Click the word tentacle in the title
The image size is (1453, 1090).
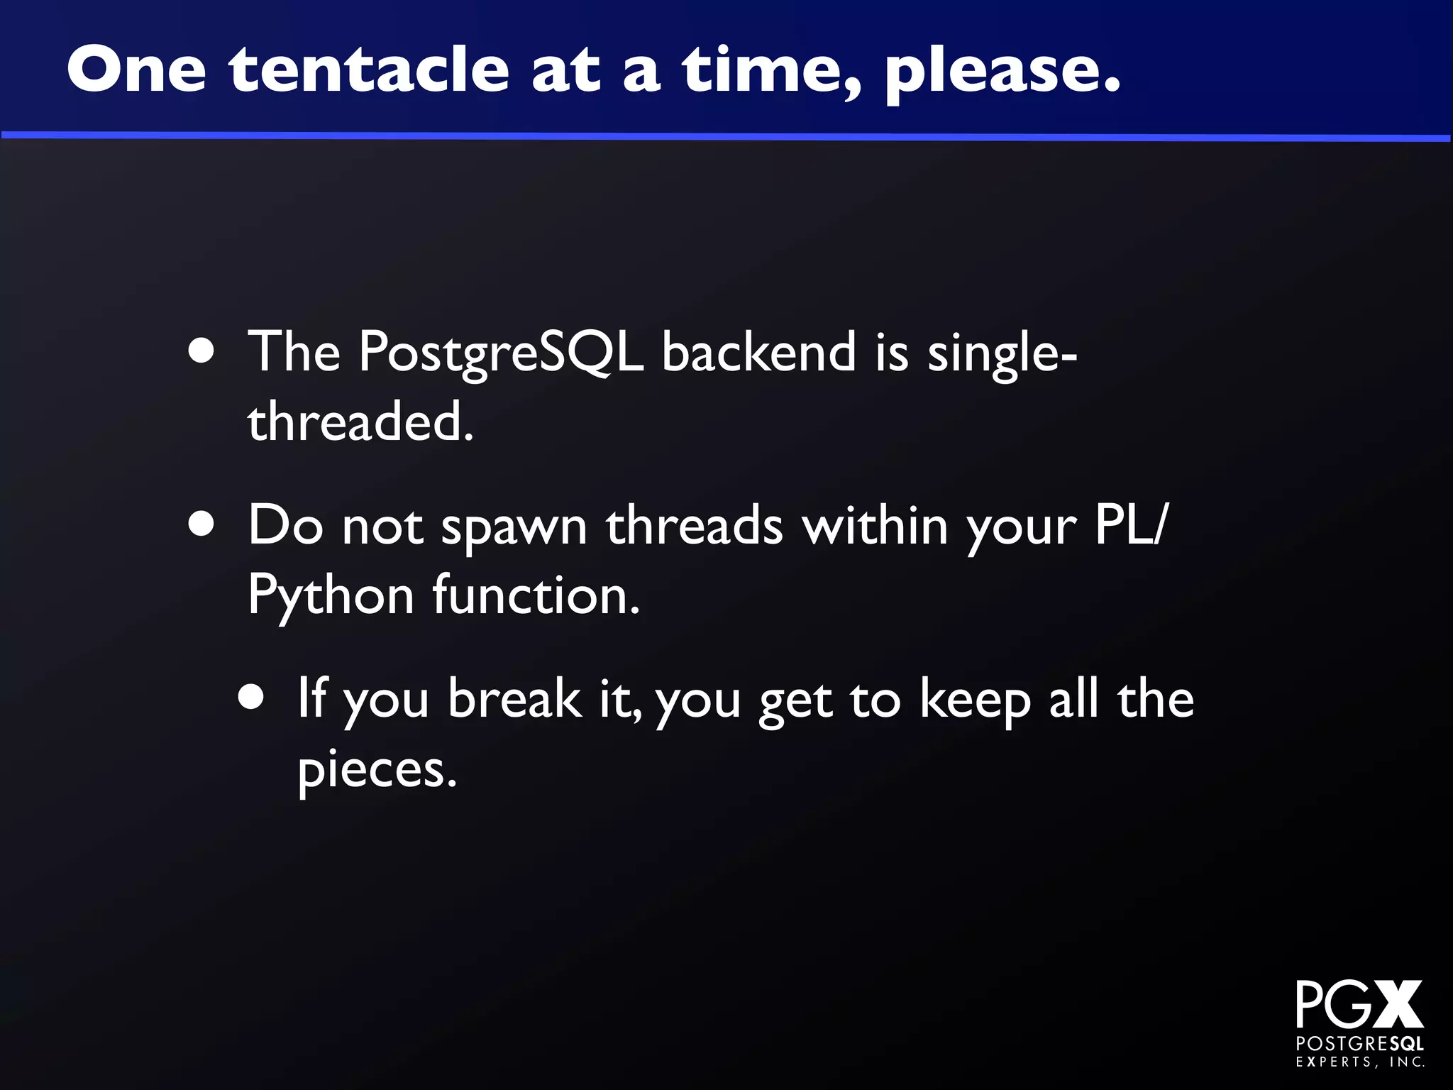(369, 70)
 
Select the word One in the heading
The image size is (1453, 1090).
(137, 70)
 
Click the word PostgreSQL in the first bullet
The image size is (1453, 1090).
(501, 352)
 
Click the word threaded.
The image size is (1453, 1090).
(360, 421)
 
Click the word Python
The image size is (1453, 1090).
(331, 597)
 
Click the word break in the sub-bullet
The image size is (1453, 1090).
(514, 698)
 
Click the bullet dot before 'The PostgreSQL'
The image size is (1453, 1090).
(202, 351)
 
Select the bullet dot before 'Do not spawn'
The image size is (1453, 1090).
(202, 525)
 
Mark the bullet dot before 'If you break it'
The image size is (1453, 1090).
(251, 698)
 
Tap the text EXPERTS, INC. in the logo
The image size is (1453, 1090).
(1360, 1062)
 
